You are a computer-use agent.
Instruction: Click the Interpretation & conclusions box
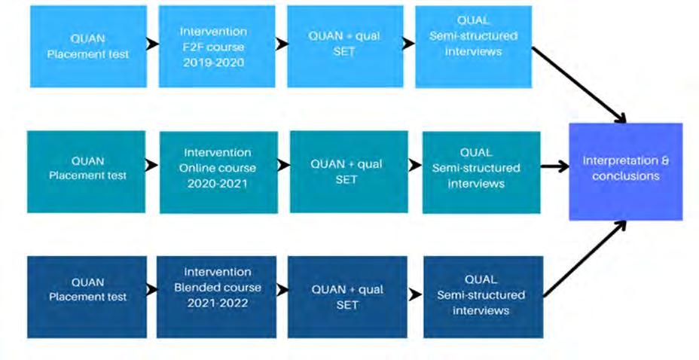click(625, 171)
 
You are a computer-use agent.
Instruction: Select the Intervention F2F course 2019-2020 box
click(213, 47)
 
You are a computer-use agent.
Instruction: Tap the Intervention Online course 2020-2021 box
click(218, 172)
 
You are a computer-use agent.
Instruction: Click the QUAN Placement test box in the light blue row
click(87, 47)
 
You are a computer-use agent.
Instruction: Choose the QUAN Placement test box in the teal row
click(87, 172)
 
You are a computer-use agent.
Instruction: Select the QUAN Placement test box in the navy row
click(87, 296)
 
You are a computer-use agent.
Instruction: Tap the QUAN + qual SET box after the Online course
click(349, 172)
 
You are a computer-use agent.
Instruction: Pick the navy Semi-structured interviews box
click(483, 297)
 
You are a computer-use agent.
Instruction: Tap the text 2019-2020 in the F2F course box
click(213, 62)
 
